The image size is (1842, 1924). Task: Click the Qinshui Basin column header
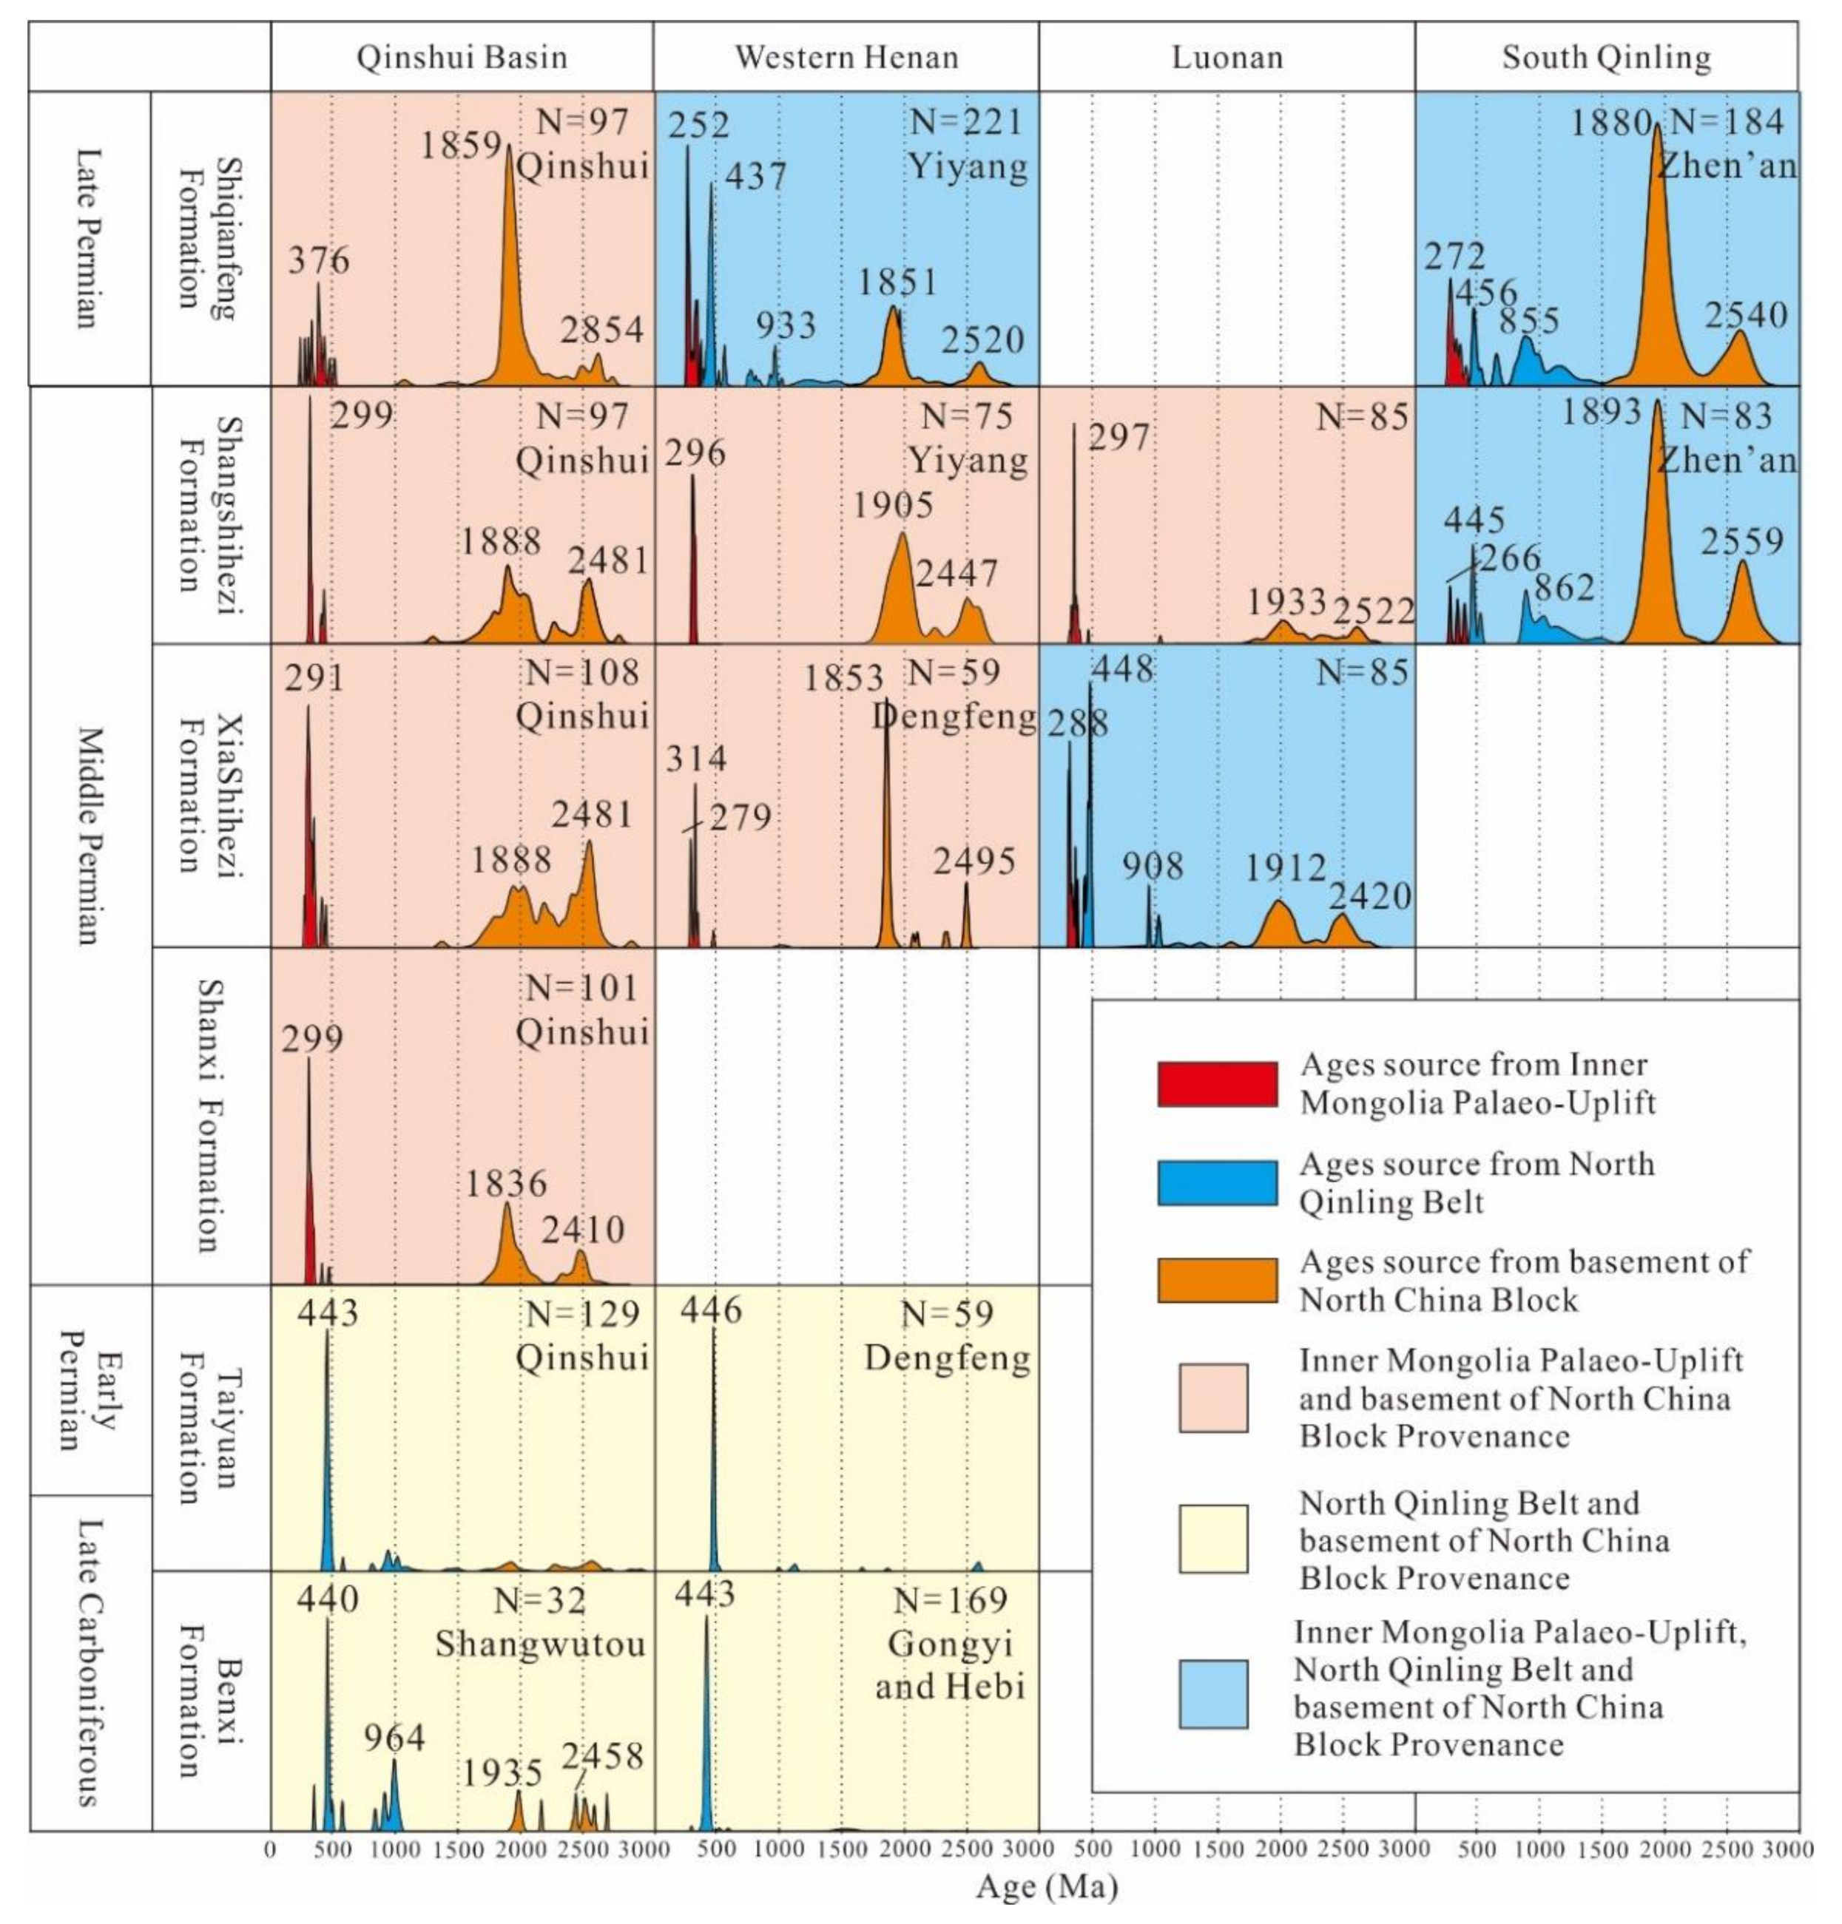pyautogui.click(x=462, y=57)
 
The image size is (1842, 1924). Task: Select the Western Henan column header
pyautogui.click(x=846, y=57)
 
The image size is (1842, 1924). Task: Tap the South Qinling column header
pyautogui.click(x=1606, y=57)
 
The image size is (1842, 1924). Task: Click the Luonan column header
pyautogui.click(x=1227, y=57)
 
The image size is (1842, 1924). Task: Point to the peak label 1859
pyautogui.click(x=462, y=145)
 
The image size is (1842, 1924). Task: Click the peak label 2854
pyautogui.click(x=602, y=330)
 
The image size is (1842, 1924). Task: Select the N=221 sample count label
pyautogui.click(x=966, y=122)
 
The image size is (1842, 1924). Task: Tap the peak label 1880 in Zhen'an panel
pyautogui.click(x=1611, y=123)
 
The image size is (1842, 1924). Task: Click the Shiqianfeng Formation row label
pyautogui.click(x=208, y=239)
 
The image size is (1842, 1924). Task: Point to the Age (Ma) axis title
pyautogui.click(x=1047, y=1887)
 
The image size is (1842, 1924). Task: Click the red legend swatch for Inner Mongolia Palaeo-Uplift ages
pyautogui.click(x=1218, y=1084)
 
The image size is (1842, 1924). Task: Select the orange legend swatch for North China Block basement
pyautogui.click(x=1218, y=1280)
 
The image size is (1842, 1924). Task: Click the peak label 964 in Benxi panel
pyautogui.click(x=395, y=1738)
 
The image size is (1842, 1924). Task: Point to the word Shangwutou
pyautogui.click(x=540, y=1643)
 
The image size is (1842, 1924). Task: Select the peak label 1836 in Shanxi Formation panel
pyautogui.click(x=506, y=1184)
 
